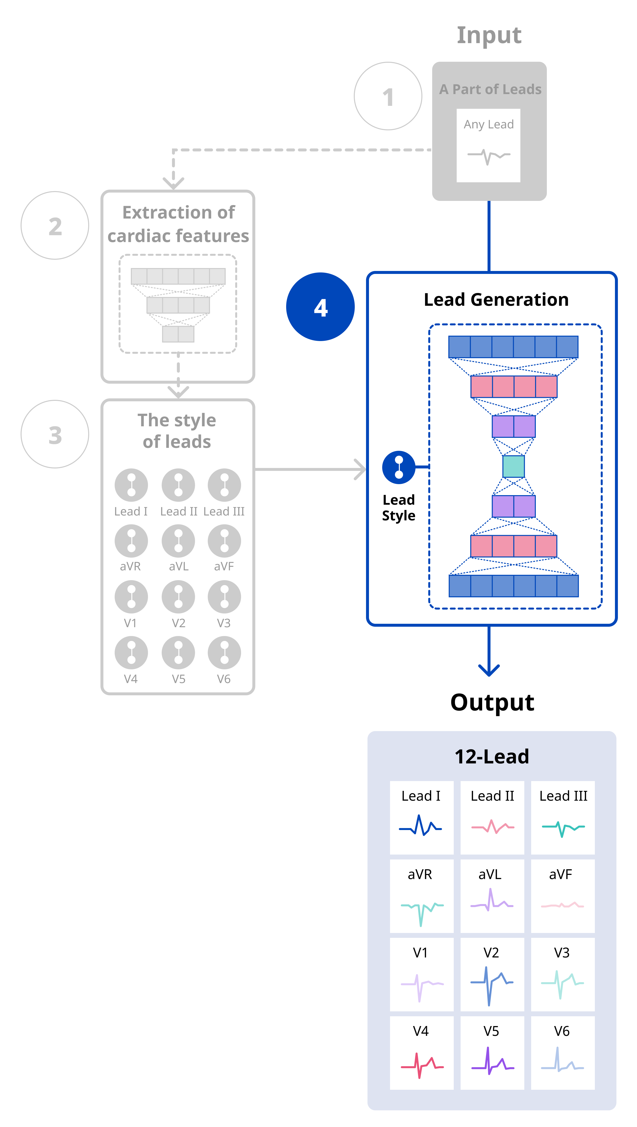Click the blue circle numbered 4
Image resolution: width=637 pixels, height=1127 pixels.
click(x=320, y=307)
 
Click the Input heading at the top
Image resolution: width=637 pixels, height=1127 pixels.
click(x=489, y=35)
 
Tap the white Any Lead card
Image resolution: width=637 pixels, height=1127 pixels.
click(x=488, y=145)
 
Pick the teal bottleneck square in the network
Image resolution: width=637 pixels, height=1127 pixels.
click(x=514, y=466)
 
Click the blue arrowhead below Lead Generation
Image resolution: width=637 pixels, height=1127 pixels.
click(x=489, y=669)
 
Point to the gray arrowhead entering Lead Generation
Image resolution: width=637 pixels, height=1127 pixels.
click(x=360, y=469)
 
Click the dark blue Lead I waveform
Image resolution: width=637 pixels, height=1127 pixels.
click(x=420, y=826)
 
